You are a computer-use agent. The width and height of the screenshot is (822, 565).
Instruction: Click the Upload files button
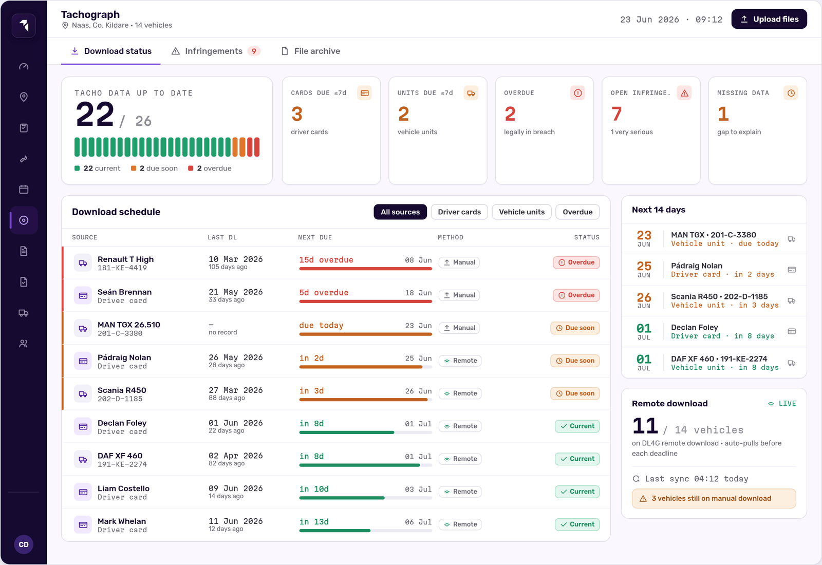coord(769,19)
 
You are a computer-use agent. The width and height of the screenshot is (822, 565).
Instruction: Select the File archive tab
coord(311,51)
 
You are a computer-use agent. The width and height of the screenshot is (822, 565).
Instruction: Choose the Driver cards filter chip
coord(459,212)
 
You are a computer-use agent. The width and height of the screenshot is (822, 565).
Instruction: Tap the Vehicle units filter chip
coord(521,212)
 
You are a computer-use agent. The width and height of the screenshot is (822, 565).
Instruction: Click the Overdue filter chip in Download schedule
coord(577,212)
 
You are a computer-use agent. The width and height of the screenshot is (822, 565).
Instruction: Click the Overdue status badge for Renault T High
coord(576,262)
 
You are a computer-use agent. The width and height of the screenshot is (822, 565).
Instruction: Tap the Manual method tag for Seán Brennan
coord(459,295)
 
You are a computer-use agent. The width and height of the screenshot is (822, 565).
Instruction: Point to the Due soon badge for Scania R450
coord(575,393)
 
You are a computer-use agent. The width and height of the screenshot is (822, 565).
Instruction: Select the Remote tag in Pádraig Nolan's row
coord(460,361)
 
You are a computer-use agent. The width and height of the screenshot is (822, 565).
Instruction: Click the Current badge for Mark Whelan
coord(577,524)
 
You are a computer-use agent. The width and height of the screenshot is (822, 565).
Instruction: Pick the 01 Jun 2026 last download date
coord(236,423)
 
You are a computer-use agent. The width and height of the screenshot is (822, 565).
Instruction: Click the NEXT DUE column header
coord(315,237)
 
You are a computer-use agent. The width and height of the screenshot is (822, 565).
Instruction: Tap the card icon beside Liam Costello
coord(83,492)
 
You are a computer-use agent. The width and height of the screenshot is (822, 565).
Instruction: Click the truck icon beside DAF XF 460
coord(83,459)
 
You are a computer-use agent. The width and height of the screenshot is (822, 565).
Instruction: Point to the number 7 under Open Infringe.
coord(616,114)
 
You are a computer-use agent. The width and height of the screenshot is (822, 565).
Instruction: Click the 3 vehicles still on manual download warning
coord(714,498)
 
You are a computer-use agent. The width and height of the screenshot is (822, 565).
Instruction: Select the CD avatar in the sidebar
coord(24,544)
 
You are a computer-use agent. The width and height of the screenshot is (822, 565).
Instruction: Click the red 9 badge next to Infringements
coord(254,51)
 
